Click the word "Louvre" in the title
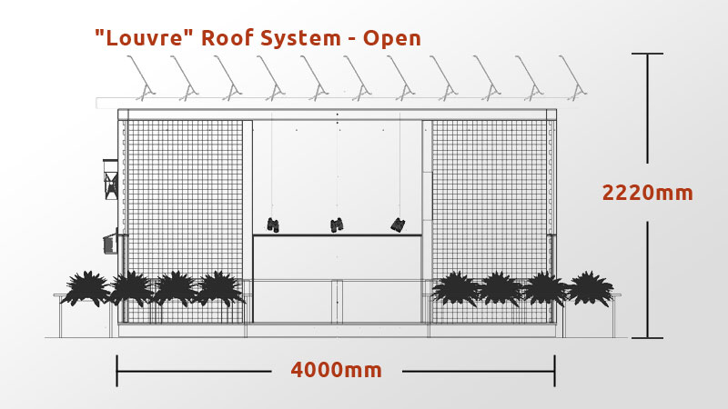click(144, 37)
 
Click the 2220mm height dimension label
click(647, 193)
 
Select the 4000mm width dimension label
click(336, 370)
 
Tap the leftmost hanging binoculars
click(273, 224)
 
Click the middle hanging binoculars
click(337, 224)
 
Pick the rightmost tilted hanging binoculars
click(398, 224)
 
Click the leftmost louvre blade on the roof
click(141, 78)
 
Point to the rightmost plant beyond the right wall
click(591, 288)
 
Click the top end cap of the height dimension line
click(647, 54)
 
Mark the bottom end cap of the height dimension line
click(647, 337)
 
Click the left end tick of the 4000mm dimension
click(116, 371)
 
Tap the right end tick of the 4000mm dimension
click(554, 371)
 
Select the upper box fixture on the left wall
click(110, 179)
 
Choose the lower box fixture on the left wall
click(110, 242)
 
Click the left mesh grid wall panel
click(185, 221)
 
